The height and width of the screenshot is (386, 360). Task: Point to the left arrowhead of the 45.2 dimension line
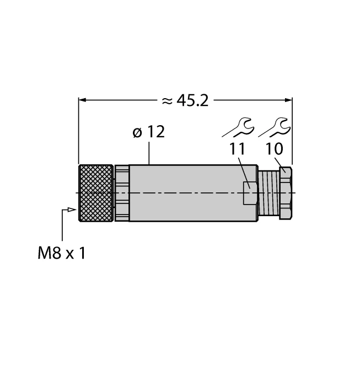(x=83, y=100)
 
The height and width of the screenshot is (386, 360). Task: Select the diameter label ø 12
(x=148, y=133)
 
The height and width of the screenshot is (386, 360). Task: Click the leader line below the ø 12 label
(x=150, y=154)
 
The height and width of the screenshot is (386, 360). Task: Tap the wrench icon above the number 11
(x=239, y=128)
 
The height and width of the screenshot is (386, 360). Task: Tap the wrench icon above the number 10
(x=275, y=128)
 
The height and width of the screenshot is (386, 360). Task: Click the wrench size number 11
(x=238, y=150)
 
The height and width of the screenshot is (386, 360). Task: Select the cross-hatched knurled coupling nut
(x=96, y=193)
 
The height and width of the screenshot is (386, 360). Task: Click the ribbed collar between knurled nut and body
(x=121, y=193)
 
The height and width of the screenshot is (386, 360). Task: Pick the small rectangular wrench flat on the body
(x=249, y=193)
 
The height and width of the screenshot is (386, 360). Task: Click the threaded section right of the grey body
(x=269, y=193)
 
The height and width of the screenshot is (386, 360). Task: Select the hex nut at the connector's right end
(x=286, y=193)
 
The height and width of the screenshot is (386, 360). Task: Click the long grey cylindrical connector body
(x=187, y=193)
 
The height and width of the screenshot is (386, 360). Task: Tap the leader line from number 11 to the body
(x=243, y=171)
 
